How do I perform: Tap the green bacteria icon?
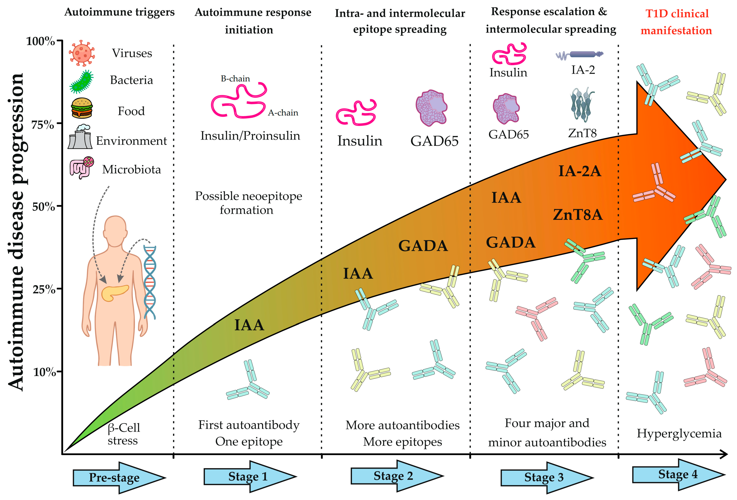[x=81, y=82]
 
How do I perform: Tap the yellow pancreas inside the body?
[x=115, y=292]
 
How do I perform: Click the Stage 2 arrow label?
[x=393, y=476]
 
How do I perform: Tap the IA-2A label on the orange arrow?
[x=579, y=171]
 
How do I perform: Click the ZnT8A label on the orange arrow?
[x=578, y=215]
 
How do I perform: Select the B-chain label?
[x=235, y=79]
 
